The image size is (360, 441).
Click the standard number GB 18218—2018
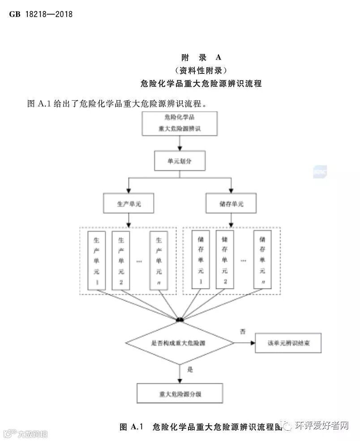pos(41,14)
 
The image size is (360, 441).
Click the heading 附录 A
pos(201,58)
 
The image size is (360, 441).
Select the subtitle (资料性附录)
pos(201,70)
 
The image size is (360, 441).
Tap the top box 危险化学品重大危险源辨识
pos(180,123)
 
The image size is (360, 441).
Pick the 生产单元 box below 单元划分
pos(129,204)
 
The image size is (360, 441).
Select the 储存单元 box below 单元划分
pos(231,204)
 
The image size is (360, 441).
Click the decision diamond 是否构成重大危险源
pos(180,343)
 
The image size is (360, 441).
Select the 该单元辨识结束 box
pos(288,343)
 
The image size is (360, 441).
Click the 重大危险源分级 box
pos(180,394)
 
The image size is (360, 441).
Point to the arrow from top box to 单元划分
pos(180,143)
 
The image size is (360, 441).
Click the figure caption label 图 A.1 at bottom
pos(131,427)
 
